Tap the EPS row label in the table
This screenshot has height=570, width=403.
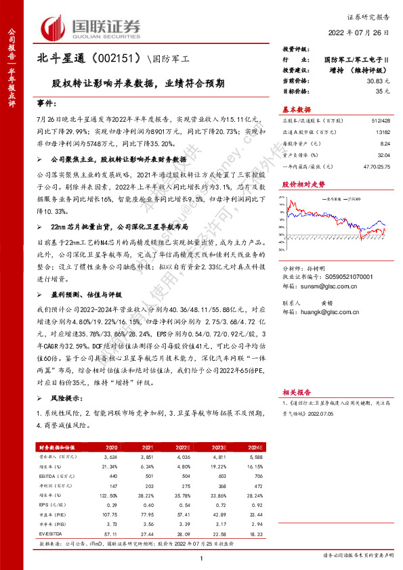pyautogui.click(x=46, y=505)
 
